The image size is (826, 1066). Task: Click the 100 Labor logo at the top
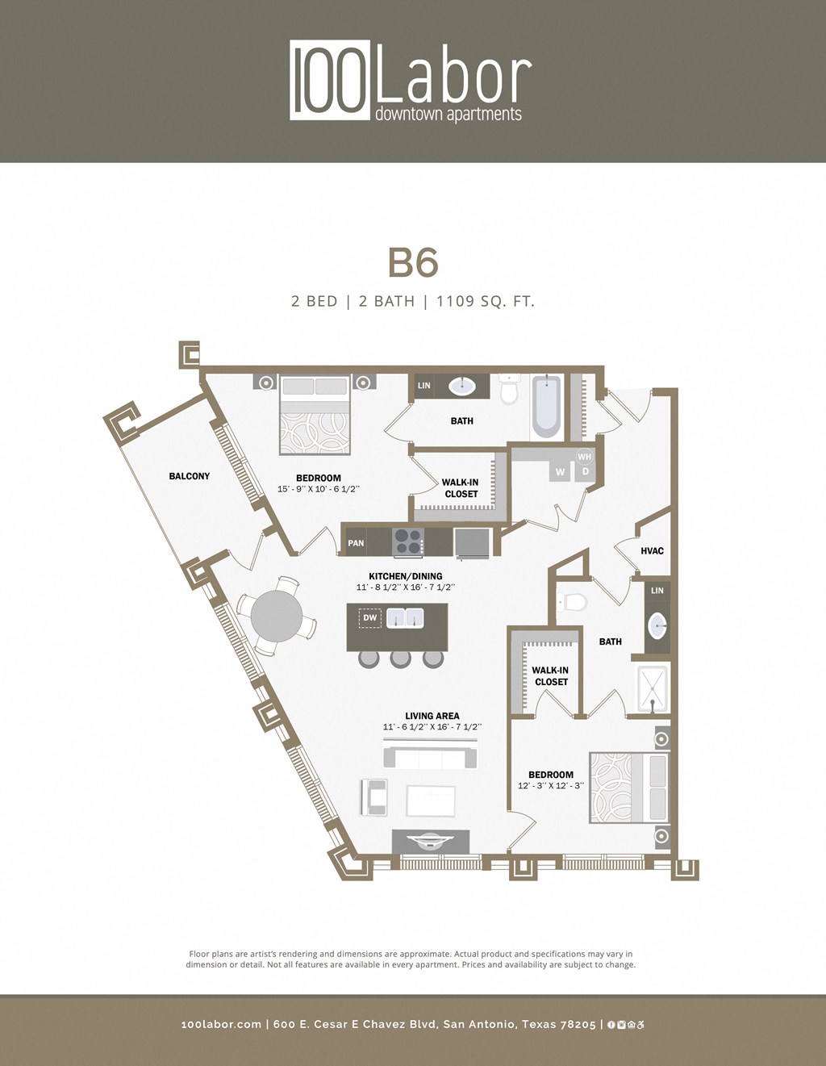411,81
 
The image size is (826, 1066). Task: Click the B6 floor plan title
413,263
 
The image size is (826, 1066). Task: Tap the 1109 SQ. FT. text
486,302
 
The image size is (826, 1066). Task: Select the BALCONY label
190,476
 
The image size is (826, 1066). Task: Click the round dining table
276,617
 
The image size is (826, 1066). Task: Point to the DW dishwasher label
370,618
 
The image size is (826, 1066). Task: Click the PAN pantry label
356,543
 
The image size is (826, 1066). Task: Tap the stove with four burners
407,541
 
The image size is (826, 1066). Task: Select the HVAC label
652,551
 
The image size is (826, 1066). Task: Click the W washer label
560,472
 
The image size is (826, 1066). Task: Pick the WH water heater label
585,457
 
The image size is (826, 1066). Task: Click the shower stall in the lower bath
653,688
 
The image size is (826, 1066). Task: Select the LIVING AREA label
432,716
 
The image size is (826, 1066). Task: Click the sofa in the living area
431,759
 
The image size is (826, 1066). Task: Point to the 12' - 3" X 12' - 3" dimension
551,786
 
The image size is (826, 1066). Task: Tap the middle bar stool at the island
401,659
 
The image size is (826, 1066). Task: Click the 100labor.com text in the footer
221,1024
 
